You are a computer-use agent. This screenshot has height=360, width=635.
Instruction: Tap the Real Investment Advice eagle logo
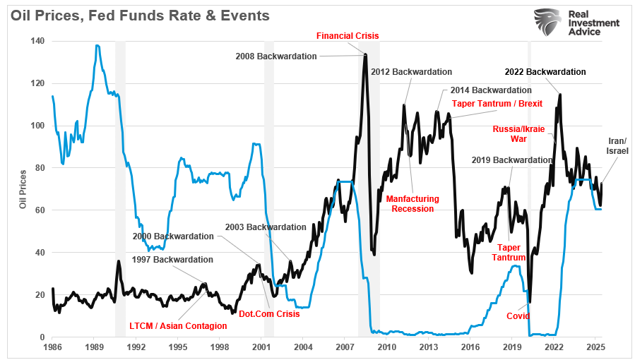click(x=548, y=23)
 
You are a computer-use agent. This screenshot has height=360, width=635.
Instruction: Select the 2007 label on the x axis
click(x=344, y=347)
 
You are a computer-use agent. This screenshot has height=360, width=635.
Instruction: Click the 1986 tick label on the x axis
click(x=52, y=347)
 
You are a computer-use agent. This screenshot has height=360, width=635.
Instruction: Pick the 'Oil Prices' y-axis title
click(x=23, y=189)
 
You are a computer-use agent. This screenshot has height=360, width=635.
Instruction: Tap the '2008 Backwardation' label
click(x=276, y=56)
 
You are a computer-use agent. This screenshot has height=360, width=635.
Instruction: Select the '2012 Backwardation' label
click(x=411, y=72)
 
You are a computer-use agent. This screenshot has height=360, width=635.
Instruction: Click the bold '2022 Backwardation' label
click(x=545, y=72)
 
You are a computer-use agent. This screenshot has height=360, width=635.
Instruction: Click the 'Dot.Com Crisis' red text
click(x=269, y=313)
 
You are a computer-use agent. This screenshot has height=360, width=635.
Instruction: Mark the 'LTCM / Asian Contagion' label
click(x=178, y=326)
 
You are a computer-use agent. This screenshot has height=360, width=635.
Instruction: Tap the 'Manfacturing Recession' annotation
click(x=413, y=204)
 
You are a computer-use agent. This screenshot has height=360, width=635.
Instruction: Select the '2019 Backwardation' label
click(x=512, y=160)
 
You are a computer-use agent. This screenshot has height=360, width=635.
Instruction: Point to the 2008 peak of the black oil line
click(x=365, y=54)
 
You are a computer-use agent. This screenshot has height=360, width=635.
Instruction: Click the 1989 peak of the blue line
click(x=97, y=46)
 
